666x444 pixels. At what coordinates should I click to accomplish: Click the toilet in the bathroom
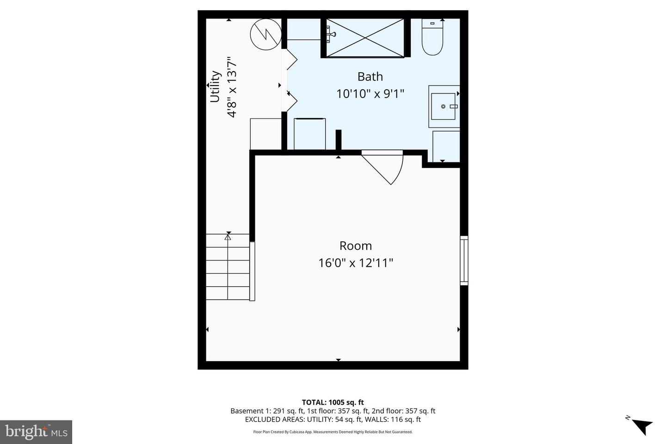432,38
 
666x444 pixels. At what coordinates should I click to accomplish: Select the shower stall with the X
365,37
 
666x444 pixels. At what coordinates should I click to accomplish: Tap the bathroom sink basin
444,106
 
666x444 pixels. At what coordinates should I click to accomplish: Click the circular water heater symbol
266,34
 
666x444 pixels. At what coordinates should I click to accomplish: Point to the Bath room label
370,76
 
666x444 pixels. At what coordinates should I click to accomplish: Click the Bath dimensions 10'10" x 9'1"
370,94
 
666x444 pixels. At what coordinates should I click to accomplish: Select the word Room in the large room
356,246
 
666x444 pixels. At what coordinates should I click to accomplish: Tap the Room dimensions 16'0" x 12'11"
356,263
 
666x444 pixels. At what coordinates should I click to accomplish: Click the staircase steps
228,267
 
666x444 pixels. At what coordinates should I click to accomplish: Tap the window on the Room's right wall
464,260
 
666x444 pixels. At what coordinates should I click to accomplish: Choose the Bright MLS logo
36,432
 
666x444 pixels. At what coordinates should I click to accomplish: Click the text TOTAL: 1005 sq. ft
333,402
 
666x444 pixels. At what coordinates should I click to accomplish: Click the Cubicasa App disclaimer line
333,432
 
